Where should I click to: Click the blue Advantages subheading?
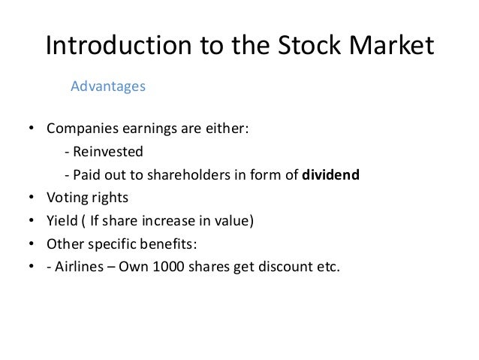[107, 86]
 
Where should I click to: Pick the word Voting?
[66, 199]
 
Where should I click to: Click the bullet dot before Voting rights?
[32, 200]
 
